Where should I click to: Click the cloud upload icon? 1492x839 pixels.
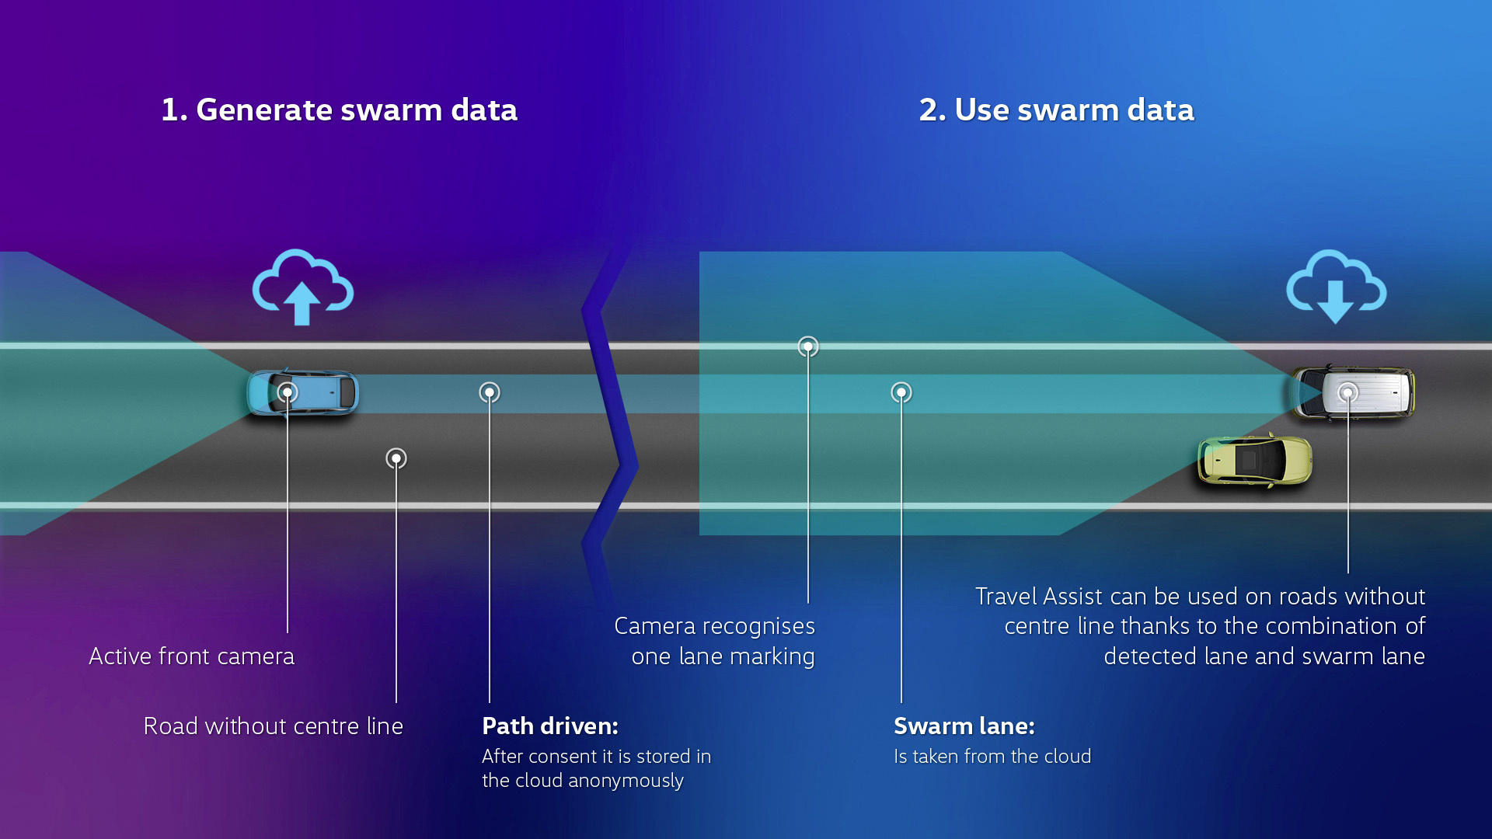pyautogui.click(x=302, y=287)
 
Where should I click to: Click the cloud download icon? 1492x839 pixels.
pyautogui.click(x=1336, y=287)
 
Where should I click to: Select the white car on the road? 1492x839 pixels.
pyautogui.click(x=1368, y=393)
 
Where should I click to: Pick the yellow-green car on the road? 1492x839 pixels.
pyautogui.click(x=1254, y=461)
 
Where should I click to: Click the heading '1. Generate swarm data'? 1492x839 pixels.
pyautogui.click(x=339, y=110)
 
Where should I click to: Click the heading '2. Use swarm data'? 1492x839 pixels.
pyautogui.click(x=1056, y=110)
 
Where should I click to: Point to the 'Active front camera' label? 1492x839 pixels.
pyautogui.click(x=192, y=656)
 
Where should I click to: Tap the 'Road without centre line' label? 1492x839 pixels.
pyautogui.click(x=274, y=726)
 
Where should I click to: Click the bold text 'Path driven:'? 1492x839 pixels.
pyautogui.click(x=550, y=726)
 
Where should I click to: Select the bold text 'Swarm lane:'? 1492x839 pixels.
pyautogui.click(x=964, y=726)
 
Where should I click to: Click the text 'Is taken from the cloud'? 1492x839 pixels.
pyautogui.click(x=992, y=757)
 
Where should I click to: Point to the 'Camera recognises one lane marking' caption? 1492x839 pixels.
pyautogui.click(x=715, y=641)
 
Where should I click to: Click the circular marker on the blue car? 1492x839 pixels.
pyautogui.click(x=288, y=392)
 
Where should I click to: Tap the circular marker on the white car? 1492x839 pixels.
pyautogui.click(x=1348, y=392)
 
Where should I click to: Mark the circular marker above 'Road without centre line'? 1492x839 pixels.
pyautogui.click(x=396, y=458)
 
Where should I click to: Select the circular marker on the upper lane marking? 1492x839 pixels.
pyautogui.click(x=808, y=346)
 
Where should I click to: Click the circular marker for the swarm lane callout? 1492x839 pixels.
pyautogui.click(x=901, y=392)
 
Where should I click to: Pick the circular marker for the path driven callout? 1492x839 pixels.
pyautogui.click(x=490, y=392)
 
